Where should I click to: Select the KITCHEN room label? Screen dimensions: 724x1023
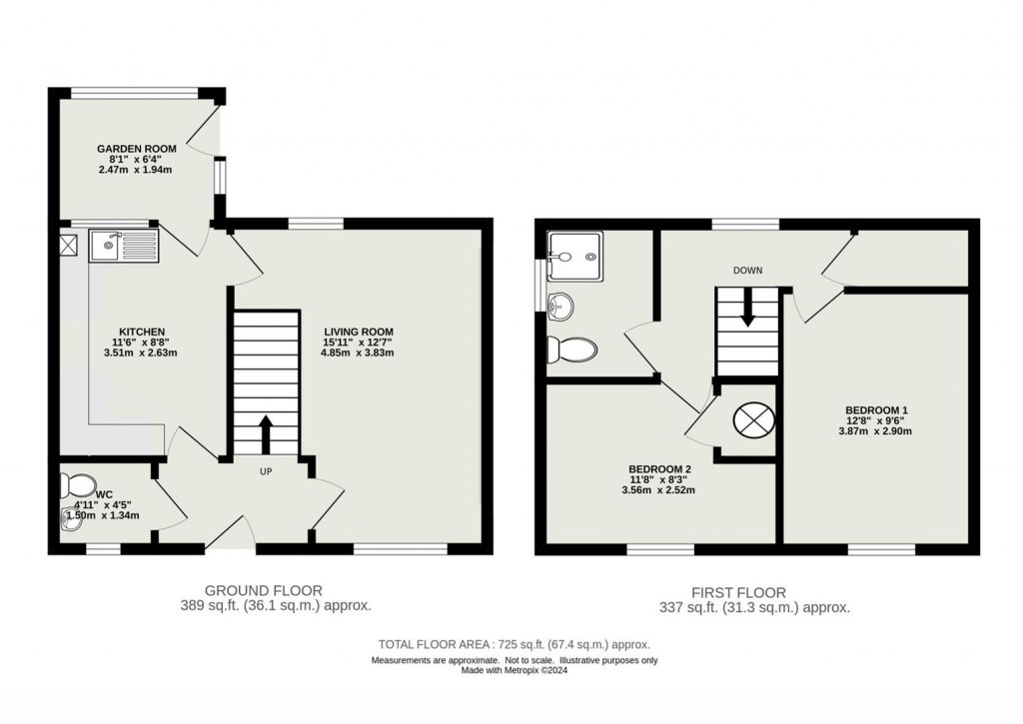142,332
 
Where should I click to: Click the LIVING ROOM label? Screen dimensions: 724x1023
359,332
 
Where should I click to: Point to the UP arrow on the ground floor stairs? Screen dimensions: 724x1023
266,433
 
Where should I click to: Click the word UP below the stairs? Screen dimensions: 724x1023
267,470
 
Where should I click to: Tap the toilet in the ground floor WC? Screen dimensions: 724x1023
76,486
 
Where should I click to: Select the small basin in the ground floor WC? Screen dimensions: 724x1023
69,519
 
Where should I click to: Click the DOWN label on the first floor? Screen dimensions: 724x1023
747,271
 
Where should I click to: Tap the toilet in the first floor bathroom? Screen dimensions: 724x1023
571,349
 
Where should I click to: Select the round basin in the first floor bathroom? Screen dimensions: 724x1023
561,304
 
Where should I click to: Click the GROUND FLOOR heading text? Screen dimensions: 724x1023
264,591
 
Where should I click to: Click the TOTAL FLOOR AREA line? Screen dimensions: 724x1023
514,645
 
